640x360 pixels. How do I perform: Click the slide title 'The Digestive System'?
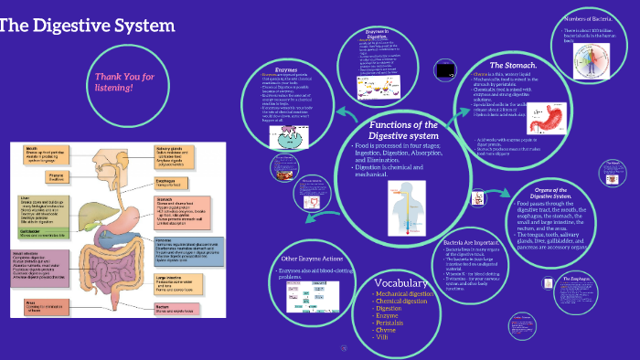pyautogui.click(x=86, y=25)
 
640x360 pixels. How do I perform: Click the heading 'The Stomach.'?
pyautogui.click(x=509, y=66)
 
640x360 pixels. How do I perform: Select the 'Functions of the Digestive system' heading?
pyautogui.click(x=403, y=131)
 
